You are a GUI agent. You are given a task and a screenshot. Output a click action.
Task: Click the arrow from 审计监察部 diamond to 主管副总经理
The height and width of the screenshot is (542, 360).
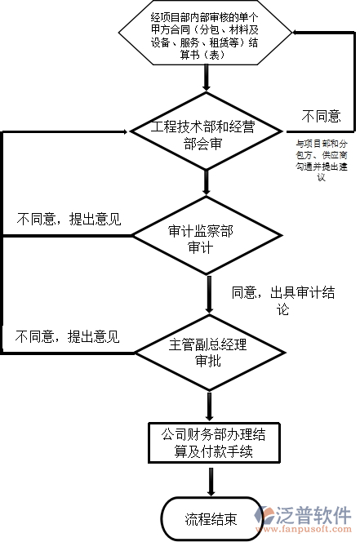point(211,294)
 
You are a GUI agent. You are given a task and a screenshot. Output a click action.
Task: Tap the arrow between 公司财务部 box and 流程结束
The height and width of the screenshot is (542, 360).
point(211,481)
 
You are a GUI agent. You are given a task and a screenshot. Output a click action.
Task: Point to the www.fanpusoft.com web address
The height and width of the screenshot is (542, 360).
point(314,531)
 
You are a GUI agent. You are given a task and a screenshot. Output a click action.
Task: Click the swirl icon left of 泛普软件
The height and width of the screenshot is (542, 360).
point(267,516)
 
